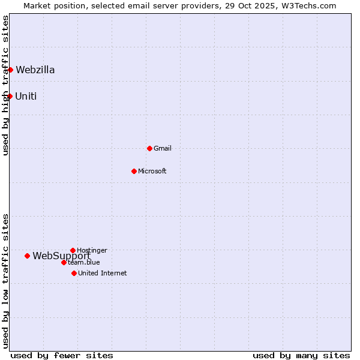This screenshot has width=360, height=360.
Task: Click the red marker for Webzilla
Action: tap(10, 70)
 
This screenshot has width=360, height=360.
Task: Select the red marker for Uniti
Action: tap(10, 96)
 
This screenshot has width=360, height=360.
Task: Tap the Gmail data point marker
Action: tap(149, 148)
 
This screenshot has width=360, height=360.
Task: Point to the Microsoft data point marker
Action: tap(134, 171)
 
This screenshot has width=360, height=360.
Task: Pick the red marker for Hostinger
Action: tap(73, 250)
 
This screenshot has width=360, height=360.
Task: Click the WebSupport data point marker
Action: tap(27, 256)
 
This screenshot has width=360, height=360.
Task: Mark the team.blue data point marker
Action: tap(64, 262)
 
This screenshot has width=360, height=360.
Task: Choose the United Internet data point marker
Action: tap(74, 273)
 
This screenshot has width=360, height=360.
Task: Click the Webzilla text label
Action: tap(35, 70)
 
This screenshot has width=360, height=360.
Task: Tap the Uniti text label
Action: tap(26, 96)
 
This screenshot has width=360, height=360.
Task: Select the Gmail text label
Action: tap(163, 148)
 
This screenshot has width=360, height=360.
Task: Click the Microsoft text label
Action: tap(152, 171)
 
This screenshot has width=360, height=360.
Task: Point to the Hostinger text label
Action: tap(92, 250)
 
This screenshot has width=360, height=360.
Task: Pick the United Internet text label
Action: tap(103, 273)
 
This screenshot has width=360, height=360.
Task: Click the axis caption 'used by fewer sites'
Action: tap(62, 355)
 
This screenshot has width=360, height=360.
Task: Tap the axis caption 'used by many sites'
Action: tap(301, 355)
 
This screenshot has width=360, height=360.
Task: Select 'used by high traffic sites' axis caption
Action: tap(5, 85)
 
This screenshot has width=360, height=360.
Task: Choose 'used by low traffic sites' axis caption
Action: tap(5, 281)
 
